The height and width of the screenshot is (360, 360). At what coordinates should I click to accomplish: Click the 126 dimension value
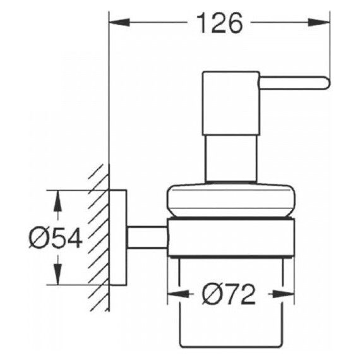[218, 23]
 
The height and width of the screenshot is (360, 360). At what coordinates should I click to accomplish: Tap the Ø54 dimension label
[56, 238]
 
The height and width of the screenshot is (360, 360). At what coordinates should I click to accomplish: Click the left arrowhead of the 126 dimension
[117, 23]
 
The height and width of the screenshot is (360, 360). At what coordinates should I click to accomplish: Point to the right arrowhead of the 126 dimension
[323, 23]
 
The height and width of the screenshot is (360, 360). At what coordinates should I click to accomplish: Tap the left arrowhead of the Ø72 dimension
[175, 294]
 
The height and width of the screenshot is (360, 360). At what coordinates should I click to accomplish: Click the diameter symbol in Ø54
[39, 238]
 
